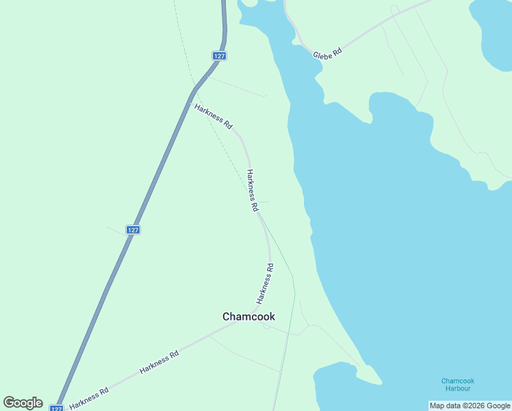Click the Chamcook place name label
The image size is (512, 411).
(x=248, y=316)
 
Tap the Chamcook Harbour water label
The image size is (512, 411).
(x=458, y=384)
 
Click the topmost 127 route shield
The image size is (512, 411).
(x=219, y=56)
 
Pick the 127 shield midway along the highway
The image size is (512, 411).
(x=133, y=229)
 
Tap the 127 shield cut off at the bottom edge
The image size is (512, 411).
(x=56, y=408)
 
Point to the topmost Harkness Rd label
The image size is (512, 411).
(x=214, y=116)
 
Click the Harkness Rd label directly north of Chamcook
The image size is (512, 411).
(x=265, y=284)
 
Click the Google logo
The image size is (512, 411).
(x=23, y=403)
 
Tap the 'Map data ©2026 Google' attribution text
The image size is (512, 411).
(x=470, y=406)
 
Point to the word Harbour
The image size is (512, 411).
(x=458, y=388)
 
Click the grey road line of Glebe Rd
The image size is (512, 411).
(x=383, y=27)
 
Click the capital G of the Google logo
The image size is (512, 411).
(x=10, y=402)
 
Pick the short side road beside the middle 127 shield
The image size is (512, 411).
(x=116, y=230)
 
